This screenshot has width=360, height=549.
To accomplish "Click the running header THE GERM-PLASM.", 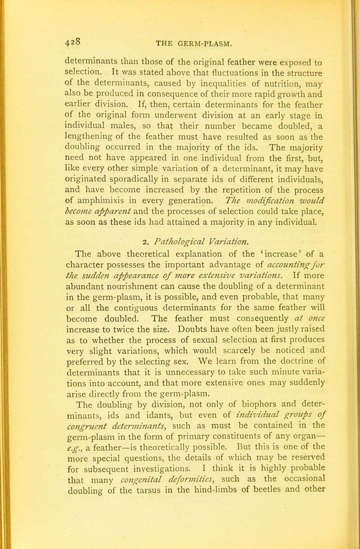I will (x=193, y=45).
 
